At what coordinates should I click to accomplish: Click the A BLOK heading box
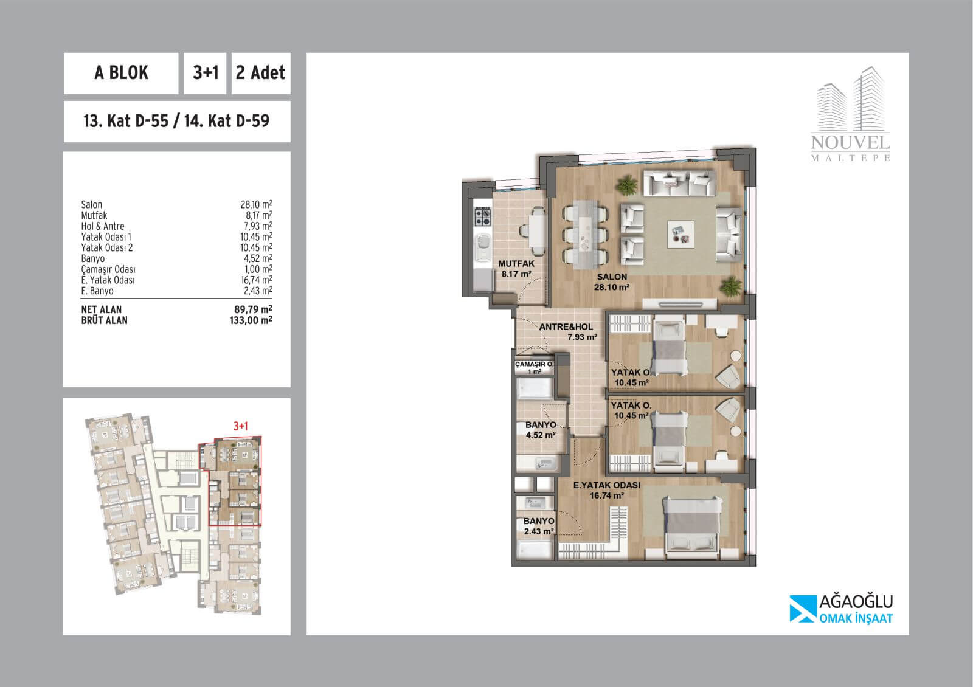[121, 74]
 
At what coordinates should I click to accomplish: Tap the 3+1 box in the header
[205, 74]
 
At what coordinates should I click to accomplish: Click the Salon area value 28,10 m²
[256, 204]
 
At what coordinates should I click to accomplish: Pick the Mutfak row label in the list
[94, 215]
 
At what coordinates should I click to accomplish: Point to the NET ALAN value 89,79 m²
[253, 309]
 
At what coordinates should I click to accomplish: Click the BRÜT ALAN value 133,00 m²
[251, 320]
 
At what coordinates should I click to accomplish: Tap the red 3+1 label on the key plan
[240, 426]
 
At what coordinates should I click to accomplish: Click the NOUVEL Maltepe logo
[851, 114]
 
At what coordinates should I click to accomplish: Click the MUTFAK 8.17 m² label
[516, 269]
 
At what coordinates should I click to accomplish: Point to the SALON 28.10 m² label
[612, 282]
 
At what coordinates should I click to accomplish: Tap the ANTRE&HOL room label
[566, 327]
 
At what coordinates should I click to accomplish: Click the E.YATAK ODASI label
[607, 485]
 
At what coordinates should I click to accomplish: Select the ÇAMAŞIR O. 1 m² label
[535, 367]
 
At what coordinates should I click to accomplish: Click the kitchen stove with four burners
[482, 216]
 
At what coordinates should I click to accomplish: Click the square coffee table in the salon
[680, 235]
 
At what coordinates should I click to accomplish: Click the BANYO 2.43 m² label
[539, 526]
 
